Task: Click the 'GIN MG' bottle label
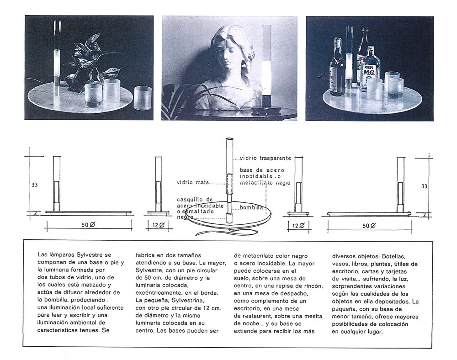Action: coord(369,71)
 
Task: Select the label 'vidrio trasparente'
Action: coord(265,158)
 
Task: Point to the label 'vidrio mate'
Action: coord(193,182)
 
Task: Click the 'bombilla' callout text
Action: coord(251,207)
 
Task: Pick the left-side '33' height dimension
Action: coord(34,185)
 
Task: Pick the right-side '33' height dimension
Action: coord(425,186)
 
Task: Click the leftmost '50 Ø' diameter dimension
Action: coord(88,225)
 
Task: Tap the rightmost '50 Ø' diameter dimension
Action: coord(369,226)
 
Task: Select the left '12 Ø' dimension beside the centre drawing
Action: coord(159,225)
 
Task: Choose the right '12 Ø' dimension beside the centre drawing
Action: coord(298,225)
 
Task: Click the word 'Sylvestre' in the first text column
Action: coord(94,255)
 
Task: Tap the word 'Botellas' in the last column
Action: coord(394,257)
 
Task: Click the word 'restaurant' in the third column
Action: coord(256,316)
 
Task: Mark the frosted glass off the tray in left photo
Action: coord(143,98)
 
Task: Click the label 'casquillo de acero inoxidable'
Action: coord(200,203)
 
